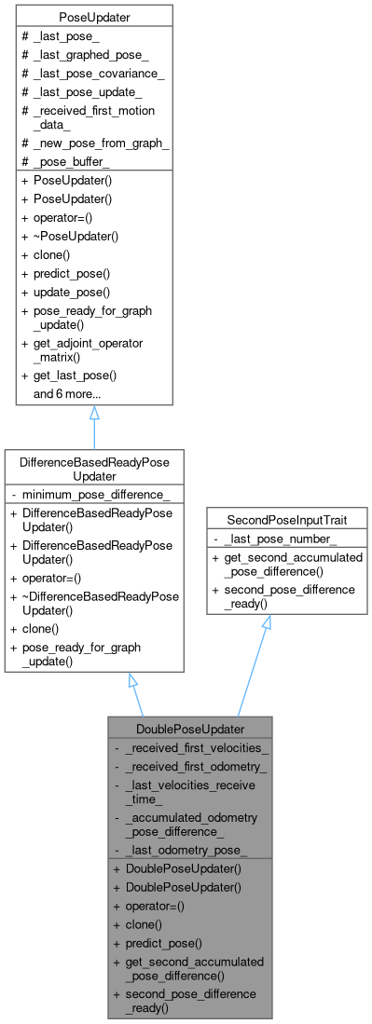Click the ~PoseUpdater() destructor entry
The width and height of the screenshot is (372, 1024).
pos(76,237)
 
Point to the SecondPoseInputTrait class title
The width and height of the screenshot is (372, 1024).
pos(266,517)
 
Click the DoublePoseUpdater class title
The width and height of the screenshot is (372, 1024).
pos(191,727)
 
